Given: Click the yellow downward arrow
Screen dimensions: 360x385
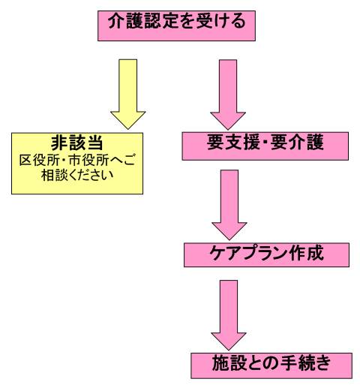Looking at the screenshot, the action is click(x=128, y=94).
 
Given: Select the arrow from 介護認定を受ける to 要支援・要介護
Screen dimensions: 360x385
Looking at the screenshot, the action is click(x=228, y=95).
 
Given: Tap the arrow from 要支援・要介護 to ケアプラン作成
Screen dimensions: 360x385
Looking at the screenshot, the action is click(x=229, y=205).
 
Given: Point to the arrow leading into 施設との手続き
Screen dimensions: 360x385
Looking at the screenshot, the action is click(x=229, y=315).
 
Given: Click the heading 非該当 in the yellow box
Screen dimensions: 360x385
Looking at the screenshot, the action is click(x=77, y=143).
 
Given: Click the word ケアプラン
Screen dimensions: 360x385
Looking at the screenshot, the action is click(x=248, y=254).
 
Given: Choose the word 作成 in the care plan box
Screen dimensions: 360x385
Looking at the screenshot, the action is click(x=306, y=253).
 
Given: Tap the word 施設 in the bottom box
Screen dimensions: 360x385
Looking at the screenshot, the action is click(x=229, y=363).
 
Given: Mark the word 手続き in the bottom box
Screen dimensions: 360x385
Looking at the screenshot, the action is click(x=305, y=363).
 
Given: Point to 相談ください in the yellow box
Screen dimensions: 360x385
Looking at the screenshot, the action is click(x=77, y=175).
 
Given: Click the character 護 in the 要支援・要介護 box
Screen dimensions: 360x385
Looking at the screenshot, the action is click(x=315, y=143).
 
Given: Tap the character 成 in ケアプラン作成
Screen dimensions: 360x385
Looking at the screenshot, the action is click(x=316, y=253).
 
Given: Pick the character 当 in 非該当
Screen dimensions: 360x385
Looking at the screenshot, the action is click(x=94, y=143).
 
